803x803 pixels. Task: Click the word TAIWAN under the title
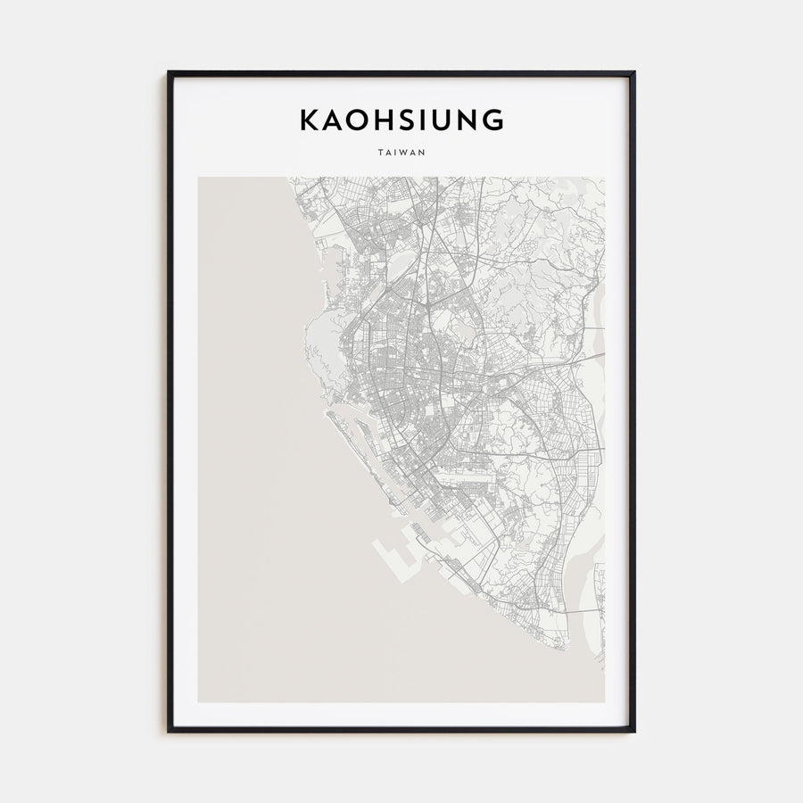(401, 152)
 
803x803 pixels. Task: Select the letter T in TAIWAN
(380, 152)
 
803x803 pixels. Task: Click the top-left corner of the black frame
(169, 73)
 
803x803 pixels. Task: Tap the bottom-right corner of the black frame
(634, 731)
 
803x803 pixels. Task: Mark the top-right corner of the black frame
(634, 73)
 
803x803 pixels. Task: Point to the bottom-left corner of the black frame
(169, 731)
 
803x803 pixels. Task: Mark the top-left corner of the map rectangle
(198, 178)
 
